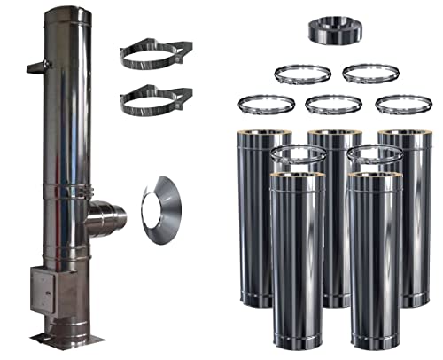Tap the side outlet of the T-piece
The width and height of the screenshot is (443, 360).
108,215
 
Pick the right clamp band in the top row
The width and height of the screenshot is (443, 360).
367,73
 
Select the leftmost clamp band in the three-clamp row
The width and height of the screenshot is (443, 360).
265,105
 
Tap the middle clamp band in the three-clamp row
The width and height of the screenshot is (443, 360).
332,105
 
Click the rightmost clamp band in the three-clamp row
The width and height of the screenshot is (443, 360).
403,105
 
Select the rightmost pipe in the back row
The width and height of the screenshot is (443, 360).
407,213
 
